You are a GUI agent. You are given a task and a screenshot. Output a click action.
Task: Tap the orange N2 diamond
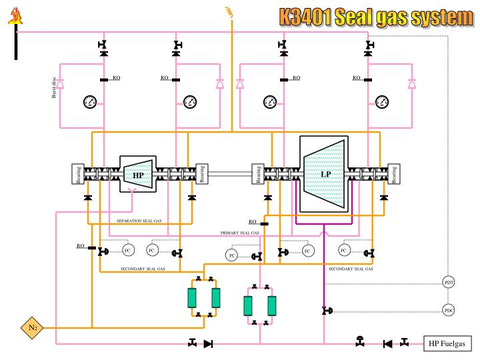point(32,327)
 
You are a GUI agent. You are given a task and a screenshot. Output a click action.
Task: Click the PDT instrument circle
point(449,283)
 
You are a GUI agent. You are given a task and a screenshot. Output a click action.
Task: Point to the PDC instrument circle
point(449,311)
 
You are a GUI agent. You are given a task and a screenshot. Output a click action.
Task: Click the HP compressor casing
point(138,175)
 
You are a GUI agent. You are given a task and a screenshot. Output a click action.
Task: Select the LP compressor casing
point(325,174)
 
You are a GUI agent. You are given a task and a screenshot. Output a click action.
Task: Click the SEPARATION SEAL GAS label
point(139,221)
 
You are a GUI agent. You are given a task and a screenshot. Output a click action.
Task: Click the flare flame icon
point(14,17)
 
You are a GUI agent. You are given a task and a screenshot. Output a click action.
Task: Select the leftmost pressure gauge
point(90,101)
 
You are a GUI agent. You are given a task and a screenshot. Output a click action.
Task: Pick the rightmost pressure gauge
point(382,101)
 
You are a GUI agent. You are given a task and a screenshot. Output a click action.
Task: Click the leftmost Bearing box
point(79,174)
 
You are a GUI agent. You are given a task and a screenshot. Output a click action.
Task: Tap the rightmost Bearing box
point(393,174)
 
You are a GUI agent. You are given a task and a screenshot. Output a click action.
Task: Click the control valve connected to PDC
point(325,311)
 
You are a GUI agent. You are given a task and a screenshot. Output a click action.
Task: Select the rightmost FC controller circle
point(344,251)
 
